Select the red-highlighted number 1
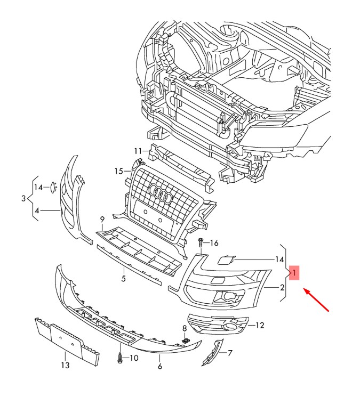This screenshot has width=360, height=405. coord(294,273)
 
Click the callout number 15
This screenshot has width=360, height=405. coord(118,171)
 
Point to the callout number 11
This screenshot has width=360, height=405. coord(138,150)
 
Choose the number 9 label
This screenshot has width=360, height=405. coord(102,219)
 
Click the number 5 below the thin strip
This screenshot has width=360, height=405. coord(123,278)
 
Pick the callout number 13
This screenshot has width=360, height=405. coord(65,366)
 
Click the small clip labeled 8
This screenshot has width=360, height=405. coord(186,339)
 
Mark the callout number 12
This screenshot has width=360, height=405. coord(260,325)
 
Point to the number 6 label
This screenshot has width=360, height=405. coord(159,367)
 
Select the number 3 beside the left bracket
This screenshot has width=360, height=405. coord(23,199)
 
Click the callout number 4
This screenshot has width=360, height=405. coord(37,211)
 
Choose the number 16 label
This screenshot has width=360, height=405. coord(213,244)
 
